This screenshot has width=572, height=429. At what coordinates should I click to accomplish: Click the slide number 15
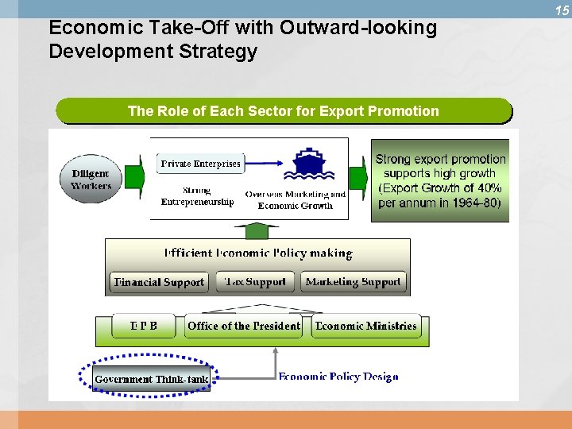562,10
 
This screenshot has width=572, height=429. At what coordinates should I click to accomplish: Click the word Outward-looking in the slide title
358,28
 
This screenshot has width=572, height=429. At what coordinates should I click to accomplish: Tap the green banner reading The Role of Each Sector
283,111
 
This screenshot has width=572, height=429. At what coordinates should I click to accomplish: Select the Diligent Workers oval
91,180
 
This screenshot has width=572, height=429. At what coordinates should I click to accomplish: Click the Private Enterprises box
200,164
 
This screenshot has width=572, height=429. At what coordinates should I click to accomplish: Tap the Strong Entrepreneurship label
197,196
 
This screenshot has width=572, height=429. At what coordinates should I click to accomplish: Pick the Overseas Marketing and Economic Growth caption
295,200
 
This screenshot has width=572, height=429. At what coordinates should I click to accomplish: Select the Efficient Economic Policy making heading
257,253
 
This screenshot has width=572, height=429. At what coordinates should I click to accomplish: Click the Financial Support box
159,282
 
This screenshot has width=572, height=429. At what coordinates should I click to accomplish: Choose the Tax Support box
254,282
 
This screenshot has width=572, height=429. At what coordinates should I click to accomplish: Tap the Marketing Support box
353,282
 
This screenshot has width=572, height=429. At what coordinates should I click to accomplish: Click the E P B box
144,326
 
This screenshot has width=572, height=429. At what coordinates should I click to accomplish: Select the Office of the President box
243,326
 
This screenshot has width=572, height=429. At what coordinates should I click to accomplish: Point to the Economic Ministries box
365,326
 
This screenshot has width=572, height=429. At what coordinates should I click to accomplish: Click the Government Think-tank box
151,379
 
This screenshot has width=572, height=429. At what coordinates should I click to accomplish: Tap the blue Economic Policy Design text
338,377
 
